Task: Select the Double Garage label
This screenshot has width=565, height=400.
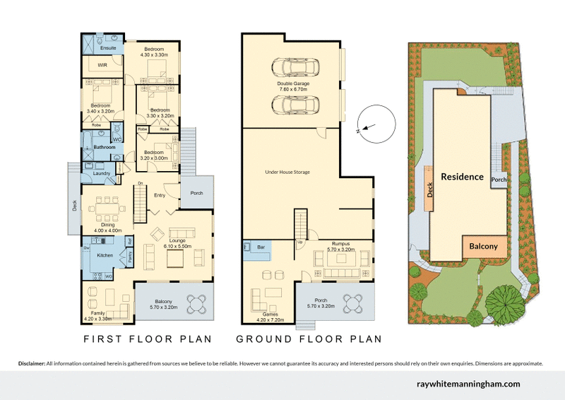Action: pyautogui.click(x=293, y=84)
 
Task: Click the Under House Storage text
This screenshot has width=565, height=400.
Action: pyautogui.click(x=287, y=172)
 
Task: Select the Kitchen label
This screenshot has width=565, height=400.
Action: pyautogui.click(x=105, y=254)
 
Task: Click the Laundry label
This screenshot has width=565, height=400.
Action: pyautogui.click(x=100, y=173)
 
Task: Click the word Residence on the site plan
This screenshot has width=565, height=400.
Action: pyautogui.click(x=463, y=177)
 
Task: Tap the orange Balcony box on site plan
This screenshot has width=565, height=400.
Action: pyautogui.click(x=484, y=247)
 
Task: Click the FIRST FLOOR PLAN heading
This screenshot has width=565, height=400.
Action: pyautogui.click(x=148, y=339)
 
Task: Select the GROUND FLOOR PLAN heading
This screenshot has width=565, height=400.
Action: pyautogui.click(x=309, y=339)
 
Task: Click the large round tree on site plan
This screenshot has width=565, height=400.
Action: pyautogui.click(x=504, y=302)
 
